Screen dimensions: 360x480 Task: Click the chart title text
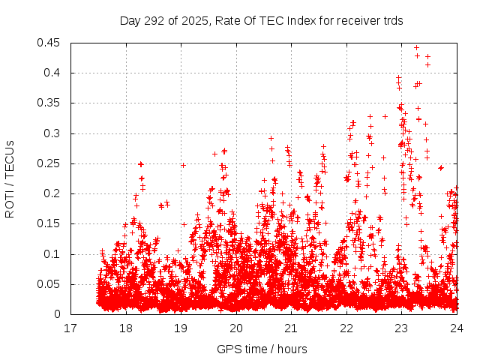262,21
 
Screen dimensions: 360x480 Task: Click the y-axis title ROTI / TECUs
10,178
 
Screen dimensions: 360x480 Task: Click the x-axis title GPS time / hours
262,349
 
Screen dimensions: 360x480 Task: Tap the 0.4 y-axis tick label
55,73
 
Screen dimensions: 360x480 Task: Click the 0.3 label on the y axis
55,133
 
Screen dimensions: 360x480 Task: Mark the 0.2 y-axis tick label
55,193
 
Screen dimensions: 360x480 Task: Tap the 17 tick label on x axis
70,328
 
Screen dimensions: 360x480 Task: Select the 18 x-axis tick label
126,328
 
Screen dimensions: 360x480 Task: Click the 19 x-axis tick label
181,328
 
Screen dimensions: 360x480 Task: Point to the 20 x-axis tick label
236,328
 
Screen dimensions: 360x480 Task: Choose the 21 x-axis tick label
291,328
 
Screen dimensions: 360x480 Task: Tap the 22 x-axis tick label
346,328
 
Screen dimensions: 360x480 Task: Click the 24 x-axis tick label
457,328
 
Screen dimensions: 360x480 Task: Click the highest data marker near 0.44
416,47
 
